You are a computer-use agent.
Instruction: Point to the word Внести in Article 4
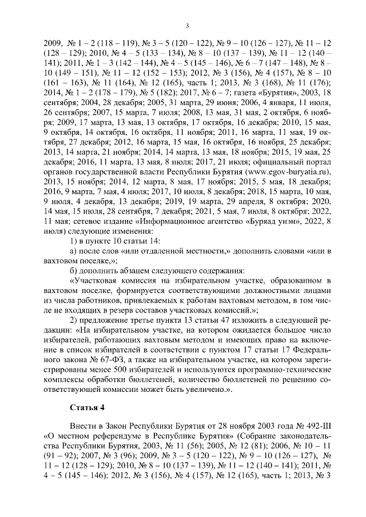pos(81,426)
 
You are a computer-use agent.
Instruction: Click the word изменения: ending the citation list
pos(114,229)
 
